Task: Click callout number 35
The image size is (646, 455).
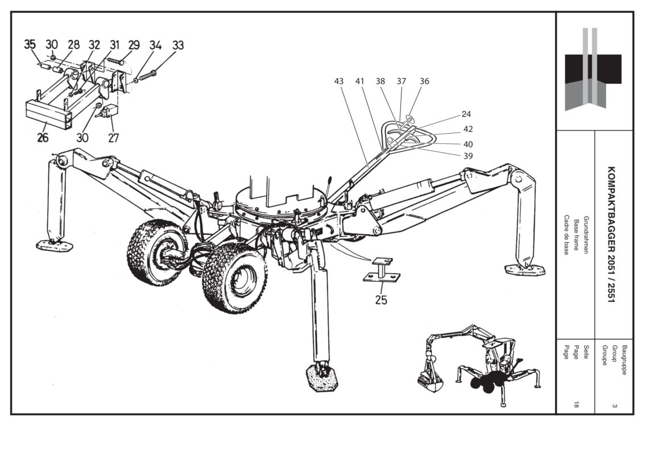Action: coord(30,44)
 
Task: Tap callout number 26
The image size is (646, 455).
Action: coord(43,137)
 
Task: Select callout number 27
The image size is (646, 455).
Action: coord(113,137)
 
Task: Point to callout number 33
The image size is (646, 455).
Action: coord(178,45)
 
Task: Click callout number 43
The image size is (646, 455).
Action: coord(339,81)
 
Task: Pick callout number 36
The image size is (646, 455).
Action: coord(424,81)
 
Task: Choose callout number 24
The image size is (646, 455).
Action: coord(466,114)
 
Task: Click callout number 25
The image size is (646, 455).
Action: coord(381,299)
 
